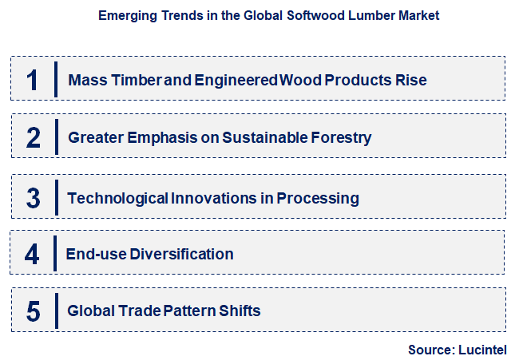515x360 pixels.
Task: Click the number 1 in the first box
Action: click(33, 80)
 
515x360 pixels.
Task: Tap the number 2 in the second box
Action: click(33, 137)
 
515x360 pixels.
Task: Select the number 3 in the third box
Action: click(33, 197)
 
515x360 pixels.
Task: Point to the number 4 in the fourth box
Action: click(32, 254)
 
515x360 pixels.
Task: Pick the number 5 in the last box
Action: click(33, 311)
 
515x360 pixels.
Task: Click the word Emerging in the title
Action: click(126, 15)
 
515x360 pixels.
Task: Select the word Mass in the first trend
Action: click(85, 80)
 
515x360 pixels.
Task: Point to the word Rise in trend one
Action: click(411, 80)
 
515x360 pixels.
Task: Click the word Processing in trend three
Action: click(318, 197)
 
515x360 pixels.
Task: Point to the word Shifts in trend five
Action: click(241, 311)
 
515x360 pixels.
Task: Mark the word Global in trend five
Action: click(89, 311)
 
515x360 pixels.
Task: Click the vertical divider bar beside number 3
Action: click(56, 197)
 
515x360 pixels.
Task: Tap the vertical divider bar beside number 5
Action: click(56, 311)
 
